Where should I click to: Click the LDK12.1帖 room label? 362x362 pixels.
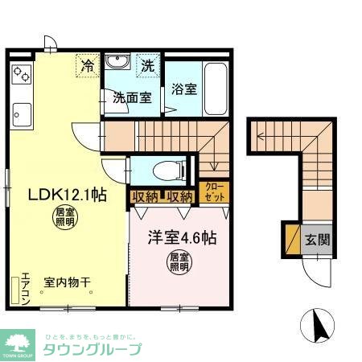coord(68,194)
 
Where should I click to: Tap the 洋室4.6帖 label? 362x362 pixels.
coord(180,238)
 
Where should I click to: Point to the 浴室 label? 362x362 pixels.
coord(183,89)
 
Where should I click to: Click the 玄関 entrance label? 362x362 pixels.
coord(316,241)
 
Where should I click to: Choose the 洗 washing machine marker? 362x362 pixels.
coord(148,64)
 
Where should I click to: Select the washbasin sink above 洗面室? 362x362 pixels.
coord(117,63)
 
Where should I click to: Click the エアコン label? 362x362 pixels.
coord(25,286)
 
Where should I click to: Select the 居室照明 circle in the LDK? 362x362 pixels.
coord(64,216)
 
